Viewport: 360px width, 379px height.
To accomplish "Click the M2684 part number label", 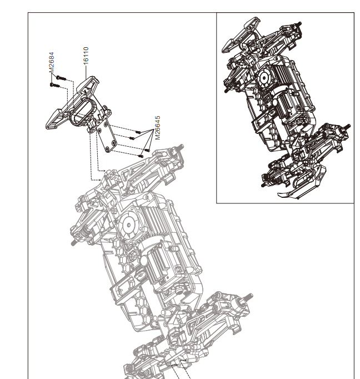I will coord(52,62).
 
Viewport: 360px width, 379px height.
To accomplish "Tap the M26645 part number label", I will coord(158,128).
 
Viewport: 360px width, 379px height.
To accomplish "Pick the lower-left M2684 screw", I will coord(52,85).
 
